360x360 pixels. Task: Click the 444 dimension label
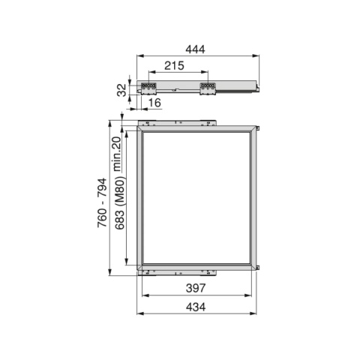click(x=195, y=49)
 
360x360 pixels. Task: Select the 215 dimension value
click(x=174, y=65)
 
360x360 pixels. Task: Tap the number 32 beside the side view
click(x=122, y=90)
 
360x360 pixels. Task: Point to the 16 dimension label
click(x=154, y=103)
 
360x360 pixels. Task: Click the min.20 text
click(x=117, y=154)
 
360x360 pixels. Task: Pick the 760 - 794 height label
click(x=102, y=202)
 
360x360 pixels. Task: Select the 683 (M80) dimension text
click(x=120, y=202)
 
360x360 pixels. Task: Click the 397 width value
click(x=196, y=288)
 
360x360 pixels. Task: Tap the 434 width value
click(x=196, y=307)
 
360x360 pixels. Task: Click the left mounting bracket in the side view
click(x=148, y=88)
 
